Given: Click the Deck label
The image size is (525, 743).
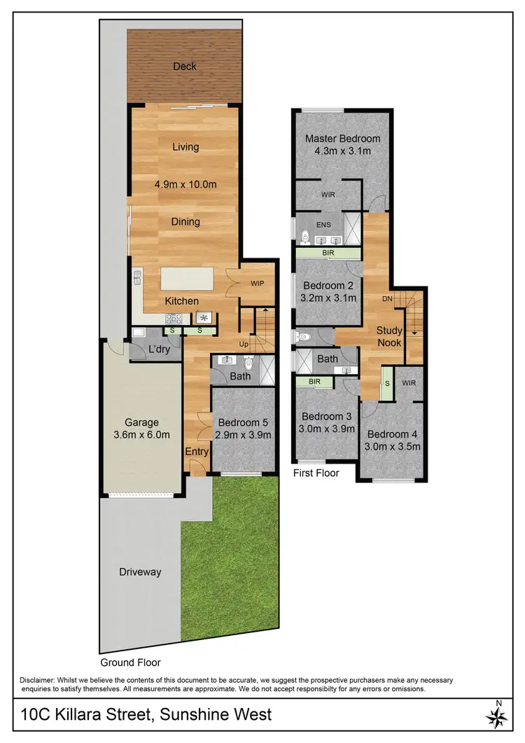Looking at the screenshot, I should coord(185,67).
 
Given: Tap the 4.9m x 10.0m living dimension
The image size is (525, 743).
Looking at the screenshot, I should coord(185,184).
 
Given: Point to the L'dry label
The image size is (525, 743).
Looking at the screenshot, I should coord(157,350).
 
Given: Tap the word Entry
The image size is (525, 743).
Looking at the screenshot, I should coord(197,452).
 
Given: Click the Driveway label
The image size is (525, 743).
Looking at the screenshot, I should coord(139,572).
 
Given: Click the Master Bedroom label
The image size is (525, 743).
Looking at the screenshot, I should coord(342,139).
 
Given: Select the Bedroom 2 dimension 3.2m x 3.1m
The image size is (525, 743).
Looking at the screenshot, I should coord(329,298).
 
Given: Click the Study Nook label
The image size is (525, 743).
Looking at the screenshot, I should coord(389,336).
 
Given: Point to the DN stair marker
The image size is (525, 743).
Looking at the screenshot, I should coord(386,298).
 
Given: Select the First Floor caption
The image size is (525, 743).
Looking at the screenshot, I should coord(316,473).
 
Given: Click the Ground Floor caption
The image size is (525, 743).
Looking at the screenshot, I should coord(130,662).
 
